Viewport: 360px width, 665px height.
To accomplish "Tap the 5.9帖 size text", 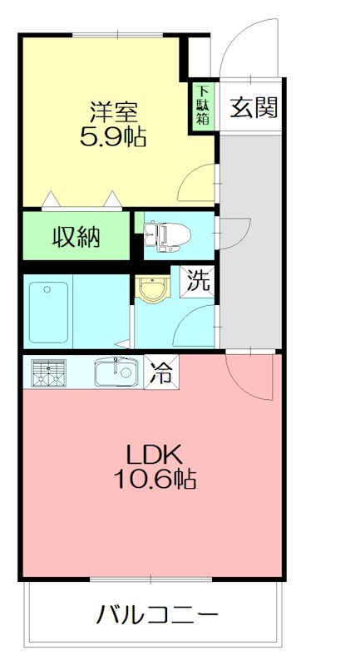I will [x=112, y=136].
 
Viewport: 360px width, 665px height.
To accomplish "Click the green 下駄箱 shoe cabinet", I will [x=202, y=106].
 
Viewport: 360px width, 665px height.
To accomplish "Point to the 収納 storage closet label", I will [x=77, y=238].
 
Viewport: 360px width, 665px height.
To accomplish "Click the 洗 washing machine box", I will [x=197, y=280].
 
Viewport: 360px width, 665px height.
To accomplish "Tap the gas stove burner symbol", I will [x=49, y=373].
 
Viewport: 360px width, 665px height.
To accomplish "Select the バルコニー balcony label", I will [x=158, y=616].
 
